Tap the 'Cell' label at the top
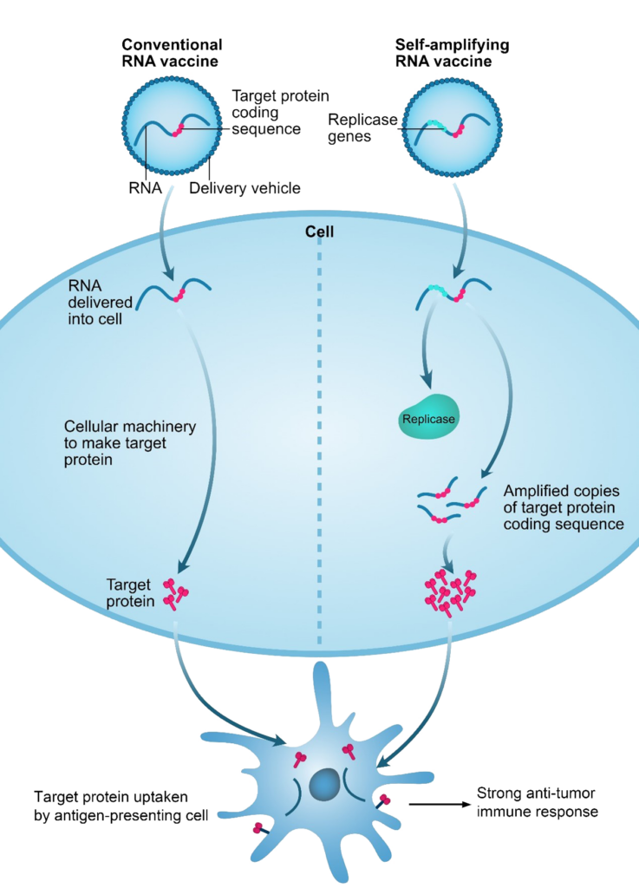tap(319, 232)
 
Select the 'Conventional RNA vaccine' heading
tap(172, 52)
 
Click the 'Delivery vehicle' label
tap(244, 187)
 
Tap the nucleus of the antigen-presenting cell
tap(325, 786)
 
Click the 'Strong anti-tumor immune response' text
tap(538, 803)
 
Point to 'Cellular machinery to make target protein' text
tap(130, 443)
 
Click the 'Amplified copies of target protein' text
tap(563, 507)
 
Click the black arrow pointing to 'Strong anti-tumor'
tap(437, 804)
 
